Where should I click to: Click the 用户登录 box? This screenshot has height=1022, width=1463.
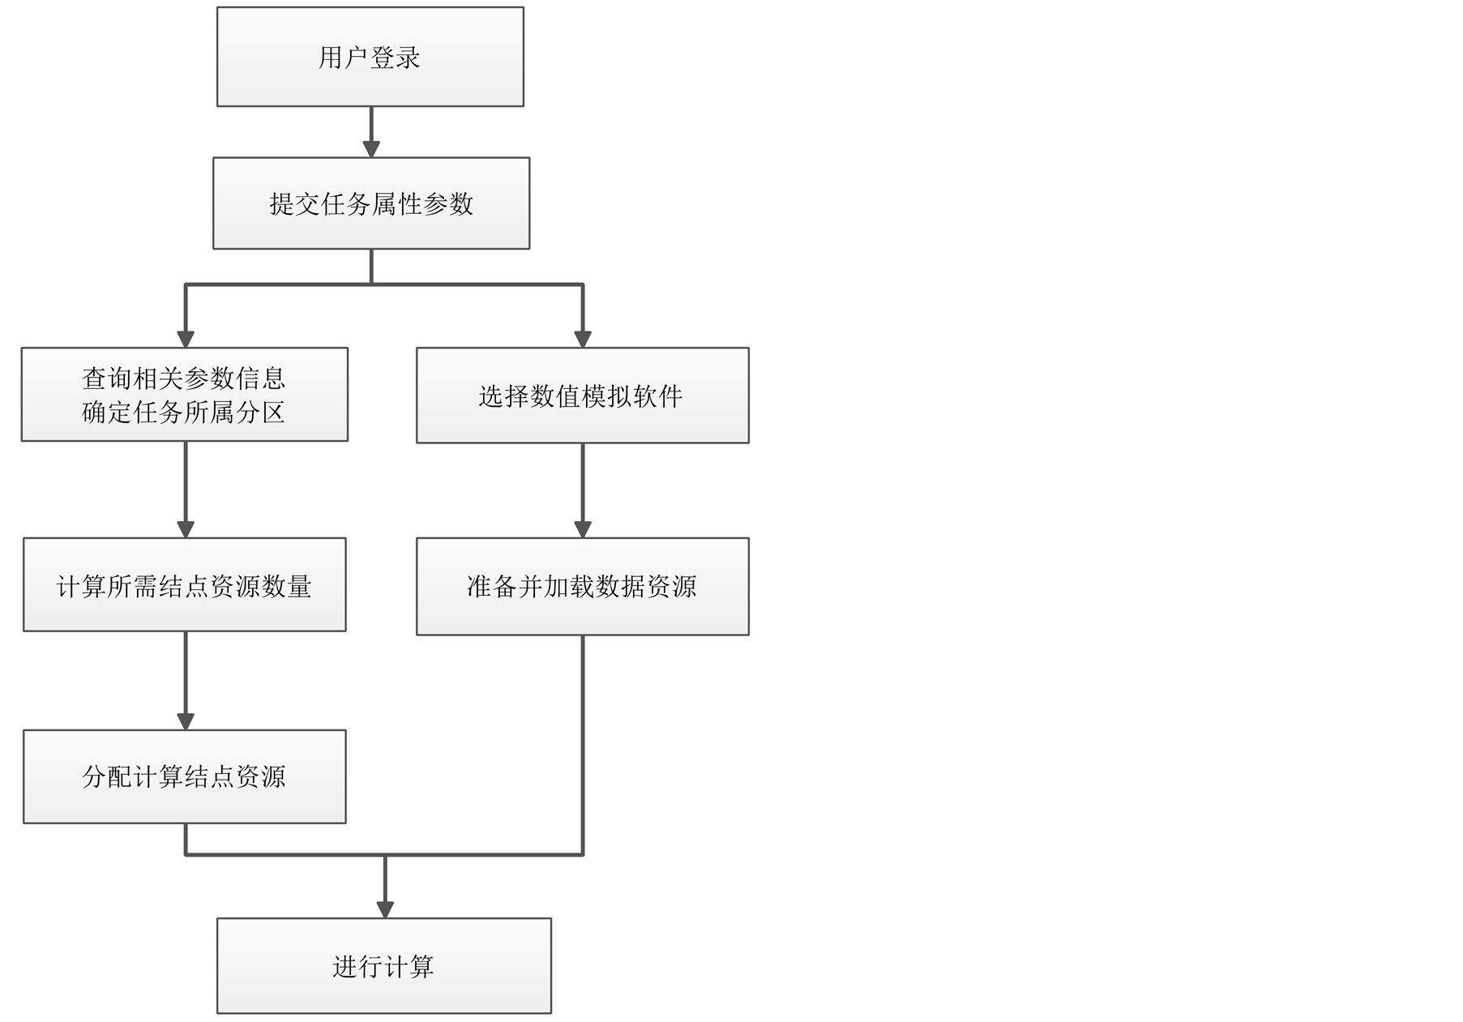pyautogui.click(x=370, y=57)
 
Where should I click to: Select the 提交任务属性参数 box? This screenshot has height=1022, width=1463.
pyautogui.click(x=371, y=203)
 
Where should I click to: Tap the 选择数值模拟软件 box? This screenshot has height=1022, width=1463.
pyautogui.click(x=582, y=396)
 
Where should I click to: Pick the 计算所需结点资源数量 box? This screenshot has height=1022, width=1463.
pyautogui.click(x=185, y=584)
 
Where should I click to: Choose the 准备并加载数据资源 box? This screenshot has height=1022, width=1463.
pyautogui.click(x=582, y=586)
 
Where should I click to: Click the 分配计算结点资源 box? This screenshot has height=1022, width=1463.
pyautogui.click(x=185, y=776)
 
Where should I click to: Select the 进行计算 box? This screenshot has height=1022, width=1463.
pyautogui.click(x=384, y=965)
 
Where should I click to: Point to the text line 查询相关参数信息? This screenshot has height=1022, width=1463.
pyautogui.click(x=184, y=378)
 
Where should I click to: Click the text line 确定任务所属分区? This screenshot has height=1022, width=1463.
pyautogui.click(x=184, y=413)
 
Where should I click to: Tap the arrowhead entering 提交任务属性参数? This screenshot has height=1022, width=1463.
pyautogui.click(x=371, y=148)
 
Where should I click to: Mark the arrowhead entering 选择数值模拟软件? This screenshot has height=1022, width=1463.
pyautogui.click(x=583, y=339)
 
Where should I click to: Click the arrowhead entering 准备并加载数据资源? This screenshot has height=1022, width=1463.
pyautogui.click(x=583, y=528)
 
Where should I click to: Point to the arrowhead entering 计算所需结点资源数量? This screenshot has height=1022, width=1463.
pyautogui.click(x=186, y=528)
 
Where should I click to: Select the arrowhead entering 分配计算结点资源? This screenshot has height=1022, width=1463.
pyautogui.click(x=186, y=721)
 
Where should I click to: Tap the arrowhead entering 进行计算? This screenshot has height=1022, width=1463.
pyautogui.click(x=385, y=909)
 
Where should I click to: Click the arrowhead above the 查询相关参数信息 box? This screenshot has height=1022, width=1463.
pyautogui.click(x=186, y=339)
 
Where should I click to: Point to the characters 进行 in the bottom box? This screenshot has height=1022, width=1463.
pyautogui.click(x=357, y=966)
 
